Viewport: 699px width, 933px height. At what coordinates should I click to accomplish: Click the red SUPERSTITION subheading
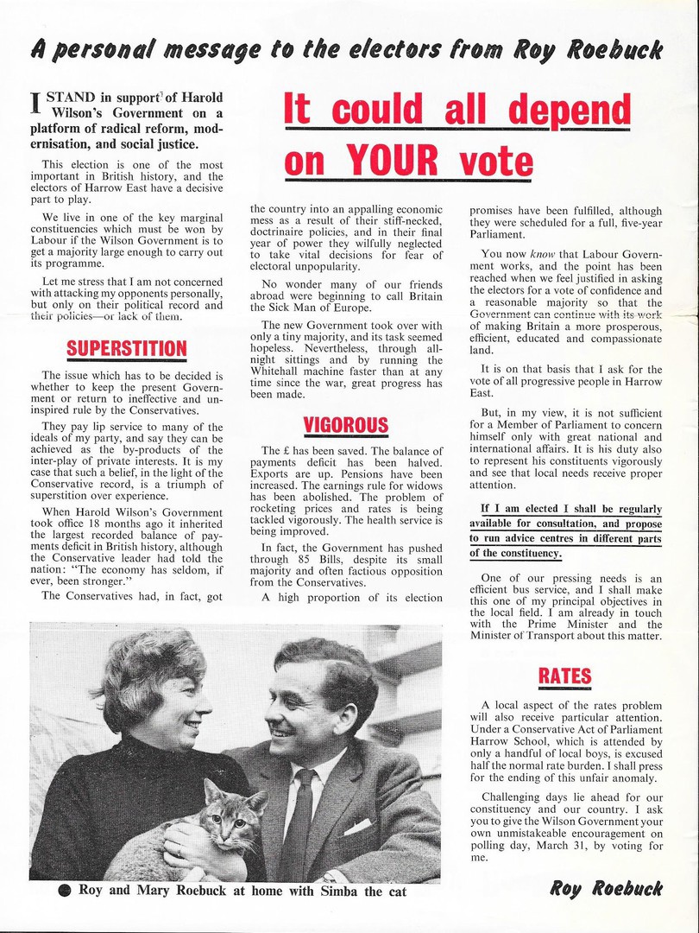(128, 348)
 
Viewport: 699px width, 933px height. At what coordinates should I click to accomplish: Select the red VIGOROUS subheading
(345, 425)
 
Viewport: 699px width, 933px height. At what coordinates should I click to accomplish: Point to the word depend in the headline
(566, 111)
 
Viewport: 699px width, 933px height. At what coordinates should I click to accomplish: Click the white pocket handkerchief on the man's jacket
(356, 825)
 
